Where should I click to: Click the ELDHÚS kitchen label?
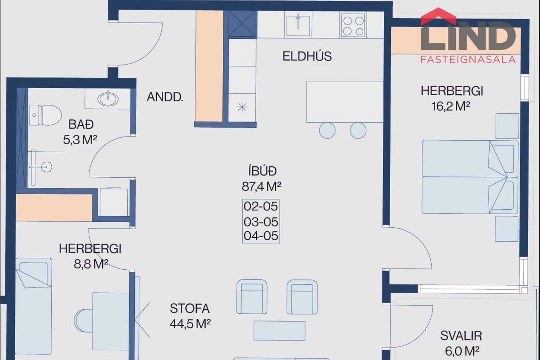pyautogui.click(x=307, y=56)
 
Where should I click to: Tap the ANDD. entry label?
pyautogui.click(x=165, y=97)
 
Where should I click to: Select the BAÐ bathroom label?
pyautogui.click(x=81, y=124)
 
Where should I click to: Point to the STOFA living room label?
pyautogui.click(x=190, y=309)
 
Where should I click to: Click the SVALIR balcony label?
pyautogui.click(x=461, y=336)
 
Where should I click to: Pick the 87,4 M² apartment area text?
pyautogui.click(x=262, y=186)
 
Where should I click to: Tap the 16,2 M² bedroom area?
pyautogui.click(x=451, y=106)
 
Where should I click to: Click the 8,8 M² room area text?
pyautogui.click(x=91, y=264)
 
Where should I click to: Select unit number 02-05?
pyautogui.click(x=261, y=206)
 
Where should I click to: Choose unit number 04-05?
pyautogui.click(x=261, y=236)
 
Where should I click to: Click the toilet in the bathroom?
pyautogui.click(x=45, y=115)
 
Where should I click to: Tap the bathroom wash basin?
pyautogui.click(x=108, y=98)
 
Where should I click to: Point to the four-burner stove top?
pyautogui.click(x=353, y=25)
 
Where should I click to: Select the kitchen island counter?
pyautogui.click(x=345, y=102)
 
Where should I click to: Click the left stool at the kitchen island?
pyautogui.click(x=327, y=130)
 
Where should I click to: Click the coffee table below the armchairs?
pyautogui.click(x=280, y=331)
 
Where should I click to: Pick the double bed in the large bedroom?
pyautogui.click(x=470, y=177)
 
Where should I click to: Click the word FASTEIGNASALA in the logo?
pyautogui.click(x=468, y=59)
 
